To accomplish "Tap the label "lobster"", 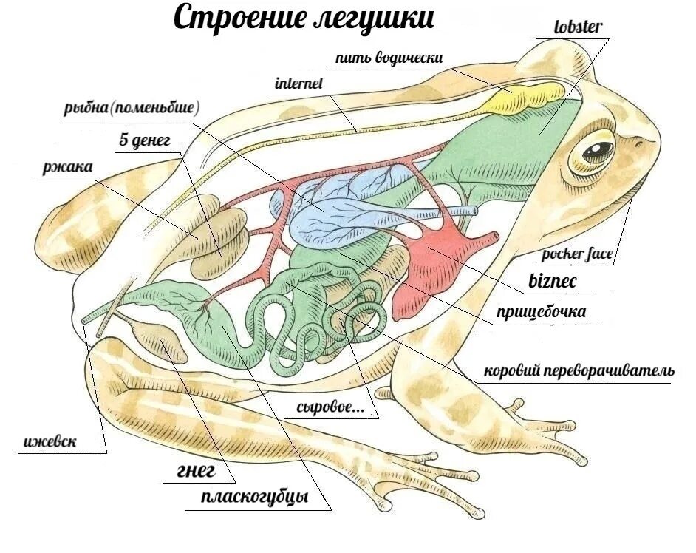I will pyautogui.click(x=578, y=28).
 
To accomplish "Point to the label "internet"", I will pyautogui.click(x=298, y=84).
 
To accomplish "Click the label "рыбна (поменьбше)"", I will pyautogui.click(x=132, y=109).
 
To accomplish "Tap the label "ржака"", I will pyautogui.click(x=67, y=167).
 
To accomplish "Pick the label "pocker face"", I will pyautogui.click(x=577, y=255).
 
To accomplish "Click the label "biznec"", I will pyautogui.click(x=552, y=281).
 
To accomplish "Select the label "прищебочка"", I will pyautogui.click(x=542, y=312).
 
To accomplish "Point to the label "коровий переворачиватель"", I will pyautogui.click(x=578, y=370).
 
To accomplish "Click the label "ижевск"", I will pyautogui.click(x=50, y=443).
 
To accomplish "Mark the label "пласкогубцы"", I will pyautogui.click(x=254, y=497).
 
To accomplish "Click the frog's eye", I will pyautogui.click(x=597, y=151).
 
